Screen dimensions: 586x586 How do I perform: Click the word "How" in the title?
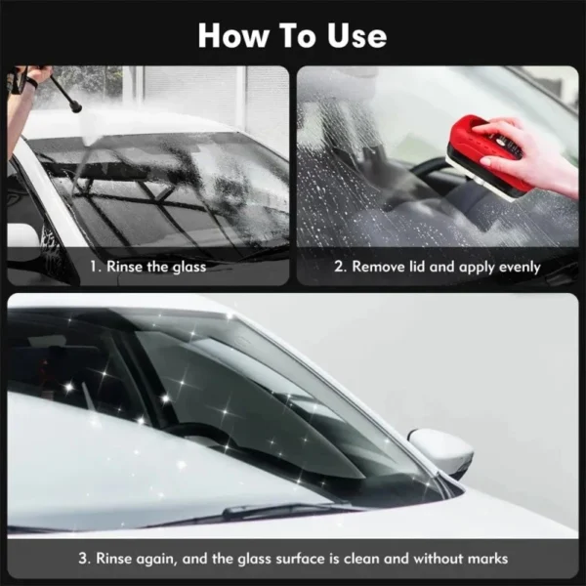coord(233,36)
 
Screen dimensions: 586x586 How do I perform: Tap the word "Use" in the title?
coord(356,36)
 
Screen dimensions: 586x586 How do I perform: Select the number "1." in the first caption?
coord(96,267)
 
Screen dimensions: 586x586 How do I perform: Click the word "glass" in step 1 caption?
coord(189,268)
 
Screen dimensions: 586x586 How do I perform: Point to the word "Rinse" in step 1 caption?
coord(124,267)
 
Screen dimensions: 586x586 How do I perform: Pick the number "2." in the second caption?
coord(341,267)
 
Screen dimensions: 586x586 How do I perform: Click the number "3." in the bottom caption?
coord(85,559)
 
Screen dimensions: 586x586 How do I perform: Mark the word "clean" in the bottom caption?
coord(361,559)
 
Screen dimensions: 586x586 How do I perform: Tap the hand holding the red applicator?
coord(530,153)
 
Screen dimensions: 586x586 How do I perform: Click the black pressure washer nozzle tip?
coord(77,108)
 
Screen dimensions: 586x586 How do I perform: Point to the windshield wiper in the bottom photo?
coord(284,510)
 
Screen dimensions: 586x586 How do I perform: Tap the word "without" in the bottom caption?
coord(438,559)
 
